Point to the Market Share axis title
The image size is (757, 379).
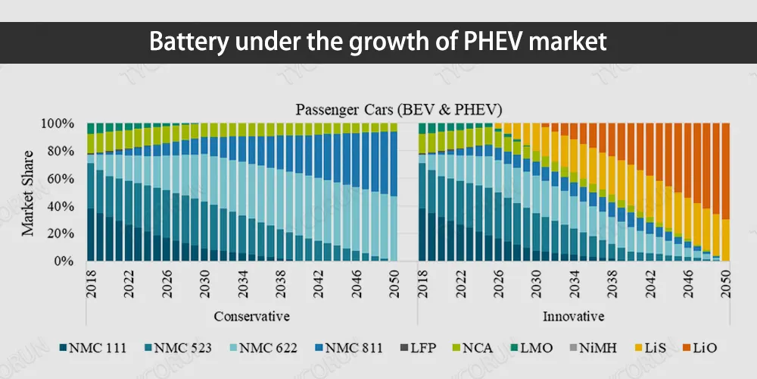(x=27, y=192)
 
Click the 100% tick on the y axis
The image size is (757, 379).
(x=58, y=124)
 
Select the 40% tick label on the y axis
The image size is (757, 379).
(x=61, y=206)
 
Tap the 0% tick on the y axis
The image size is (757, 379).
(x=64, y=262)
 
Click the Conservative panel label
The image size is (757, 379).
(x=251, y=315)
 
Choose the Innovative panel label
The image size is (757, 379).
(x=573, y=315)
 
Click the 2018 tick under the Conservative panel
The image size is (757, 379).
(x=91, y=282)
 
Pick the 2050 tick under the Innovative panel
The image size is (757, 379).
(x=725, y=282)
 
